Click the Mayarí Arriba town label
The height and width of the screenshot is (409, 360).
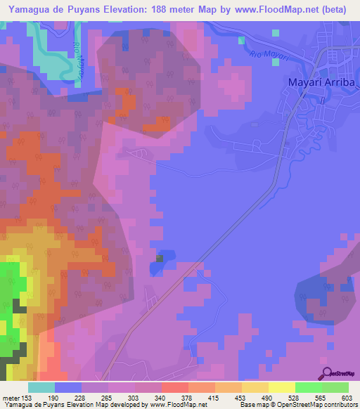click(x=320, y=82)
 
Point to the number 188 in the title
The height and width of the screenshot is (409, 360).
click(x=173, y=8)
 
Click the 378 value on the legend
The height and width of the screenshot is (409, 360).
click(x=186, y=398)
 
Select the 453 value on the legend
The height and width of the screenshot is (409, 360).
click(x=239, y=398)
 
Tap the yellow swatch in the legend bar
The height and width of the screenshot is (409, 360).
click(x=281, y=387)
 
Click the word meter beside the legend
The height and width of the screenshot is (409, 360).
click(x=10, y=398)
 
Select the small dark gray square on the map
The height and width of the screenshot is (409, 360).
click(x=160, y=259)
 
